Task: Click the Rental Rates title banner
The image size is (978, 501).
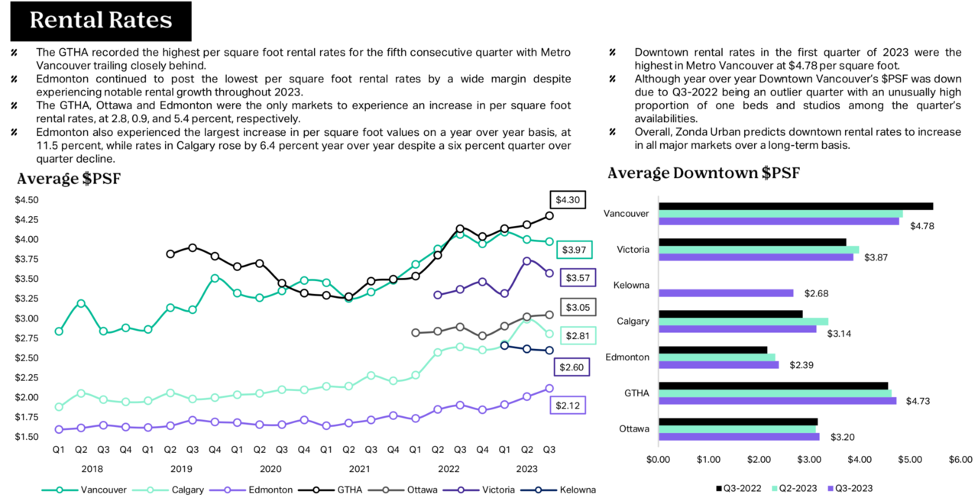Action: [101, 21]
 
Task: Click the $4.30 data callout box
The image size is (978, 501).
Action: [568, 200]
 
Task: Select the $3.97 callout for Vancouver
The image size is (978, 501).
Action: [574, 250]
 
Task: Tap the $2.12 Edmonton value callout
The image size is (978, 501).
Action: [568, 406]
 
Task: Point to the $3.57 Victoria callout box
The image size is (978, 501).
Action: [578, 277]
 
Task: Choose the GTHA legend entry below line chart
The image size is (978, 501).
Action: [330, 490]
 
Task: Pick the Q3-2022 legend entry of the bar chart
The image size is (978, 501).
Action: [739, 489]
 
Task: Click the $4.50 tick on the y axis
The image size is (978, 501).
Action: [27, 200]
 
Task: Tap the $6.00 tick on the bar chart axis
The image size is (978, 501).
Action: [960, 460]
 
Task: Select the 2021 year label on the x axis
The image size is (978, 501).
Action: [359, 469]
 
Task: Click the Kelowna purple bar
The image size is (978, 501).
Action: [726, 293]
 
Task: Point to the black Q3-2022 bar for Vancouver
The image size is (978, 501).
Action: [796, 206]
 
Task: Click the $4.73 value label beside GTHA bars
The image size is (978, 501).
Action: [918, 401]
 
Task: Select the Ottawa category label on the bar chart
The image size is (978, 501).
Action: [634, 429]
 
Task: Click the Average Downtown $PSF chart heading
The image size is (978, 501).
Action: [704, 173]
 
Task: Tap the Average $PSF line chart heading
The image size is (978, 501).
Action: [69, 179]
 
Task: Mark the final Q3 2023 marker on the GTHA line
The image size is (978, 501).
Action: [549, 216]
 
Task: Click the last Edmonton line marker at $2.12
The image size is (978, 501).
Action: [549, 389]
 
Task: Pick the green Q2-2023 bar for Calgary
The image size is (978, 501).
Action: [743, 322]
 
